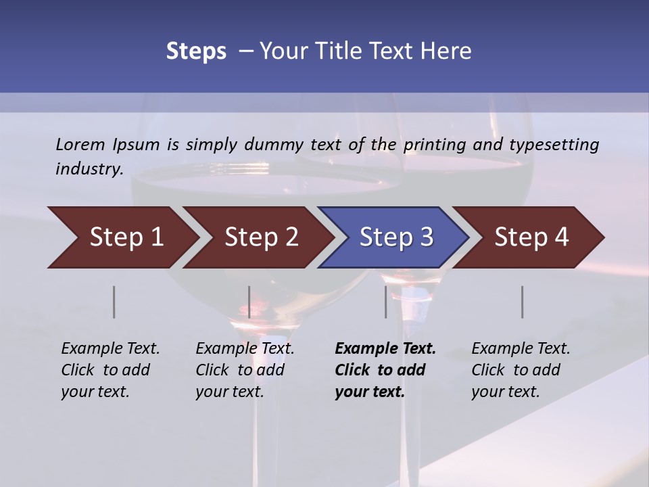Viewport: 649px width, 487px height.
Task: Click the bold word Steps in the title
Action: (196, 51)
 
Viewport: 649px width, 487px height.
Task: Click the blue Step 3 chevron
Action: (393, 237)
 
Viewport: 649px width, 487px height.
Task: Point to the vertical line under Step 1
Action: (114, 302)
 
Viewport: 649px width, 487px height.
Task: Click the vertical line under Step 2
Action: (249, 302)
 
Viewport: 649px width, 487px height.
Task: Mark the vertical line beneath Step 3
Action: (386, 302)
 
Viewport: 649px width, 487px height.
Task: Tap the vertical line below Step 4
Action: (523, 302)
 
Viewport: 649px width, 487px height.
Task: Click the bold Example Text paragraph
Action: (385, 370)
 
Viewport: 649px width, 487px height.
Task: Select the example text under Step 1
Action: (110, 370)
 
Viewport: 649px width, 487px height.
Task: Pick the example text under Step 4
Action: (521, 370)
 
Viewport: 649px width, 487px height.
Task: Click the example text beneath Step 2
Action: (245, 370)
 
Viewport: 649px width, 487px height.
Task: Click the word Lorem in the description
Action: (80, 144)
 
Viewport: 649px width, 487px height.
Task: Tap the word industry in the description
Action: (89, 169)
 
